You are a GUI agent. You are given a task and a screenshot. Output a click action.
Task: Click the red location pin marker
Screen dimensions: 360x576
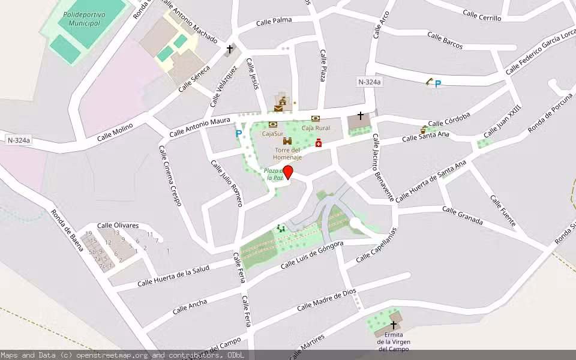[x=288, y=172]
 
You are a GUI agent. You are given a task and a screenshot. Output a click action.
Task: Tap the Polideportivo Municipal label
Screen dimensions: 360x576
[x=84, y=18]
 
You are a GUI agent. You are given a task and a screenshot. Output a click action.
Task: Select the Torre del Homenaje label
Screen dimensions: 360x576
[x=287, y=154]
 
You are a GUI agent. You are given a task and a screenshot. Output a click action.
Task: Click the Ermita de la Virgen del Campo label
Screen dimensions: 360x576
[x=393, y=341]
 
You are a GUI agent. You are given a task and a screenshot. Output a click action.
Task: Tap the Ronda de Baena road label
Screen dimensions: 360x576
[x=67, y=230]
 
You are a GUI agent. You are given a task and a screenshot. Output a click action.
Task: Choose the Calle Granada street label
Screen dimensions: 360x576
[x=463, y=216]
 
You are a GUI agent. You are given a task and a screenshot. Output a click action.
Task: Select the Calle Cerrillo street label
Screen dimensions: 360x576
[x=482, y=17]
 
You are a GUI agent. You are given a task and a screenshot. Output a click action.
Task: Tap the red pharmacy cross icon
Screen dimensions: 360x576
[x=319, y=143]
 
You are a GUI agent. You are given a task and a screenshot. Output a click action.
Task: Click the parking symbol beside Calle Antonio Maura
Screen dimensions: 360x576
[x=239, y=134]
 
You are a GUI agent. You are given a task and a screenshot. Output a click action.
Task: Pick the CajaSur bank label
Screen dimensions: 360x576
[x=272, y=133]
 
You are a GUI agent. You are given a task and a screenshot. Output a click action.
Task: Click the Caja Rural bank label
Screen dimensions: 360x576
[x=316, y=128]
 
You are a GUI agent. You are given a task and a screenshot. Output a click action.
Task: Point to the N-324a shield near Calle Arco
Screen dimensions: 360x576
[x=369, y=82]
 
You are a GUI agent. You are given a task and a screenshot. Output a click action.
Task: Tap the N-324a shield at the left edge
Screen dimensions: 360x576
[x=19, y=140]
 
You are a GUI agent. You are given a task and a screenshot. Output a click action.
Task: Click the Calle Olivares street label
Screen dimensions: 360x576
[x=118, y=225]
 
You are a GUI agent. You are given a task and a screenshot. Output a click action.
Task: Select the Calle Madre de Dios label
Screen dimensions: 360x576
[x=326, y=299]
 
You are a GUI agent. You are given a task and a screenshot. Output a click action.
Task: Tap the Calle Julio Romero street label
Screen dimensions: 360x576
[x=227, y=183]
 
